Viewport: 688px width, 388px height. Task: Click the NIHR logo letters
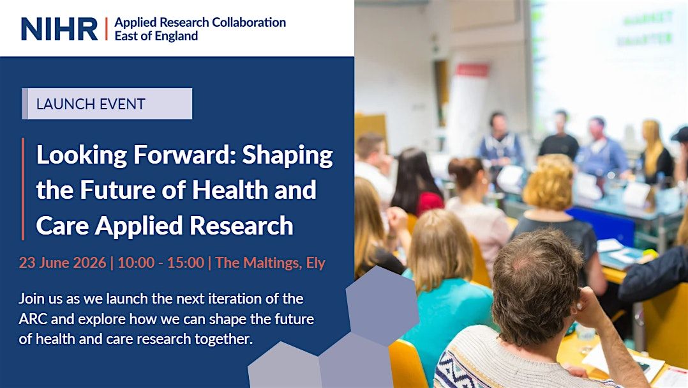pyautogui.click(x=59, y=29)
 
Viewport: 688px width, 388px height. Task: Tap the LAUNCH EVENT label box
pyautogui.click(x=107, y=104)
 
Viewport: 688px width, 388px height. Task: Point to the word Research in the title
pyautogui.click(x=241, y=226)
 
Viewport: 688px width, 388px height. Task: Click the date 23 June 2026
pyautogui.click(x=63, y=263)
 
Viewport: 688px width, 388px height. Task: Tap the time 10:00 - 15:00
pyautogui.click(x=161, y=263)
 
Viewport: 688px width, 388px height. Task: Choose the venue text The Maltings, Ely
pyautogui.click(x=271, y=263)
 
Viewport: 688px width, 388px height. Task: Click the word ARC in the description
pyautogui.click(x=33, y=318)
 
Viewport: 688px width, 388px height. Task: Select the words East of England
pyautogui.click(x=156, y=36)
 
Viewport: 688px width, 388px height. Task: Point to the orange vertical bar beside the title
pyautogui.click(x=23, y=189)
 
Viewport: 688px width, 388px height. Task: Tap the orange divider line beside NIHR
pyautogui.click(x=106, y=29)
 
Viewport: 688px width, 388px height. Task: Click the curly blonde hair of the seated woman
pyautogui.click(x=548, y=182)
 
